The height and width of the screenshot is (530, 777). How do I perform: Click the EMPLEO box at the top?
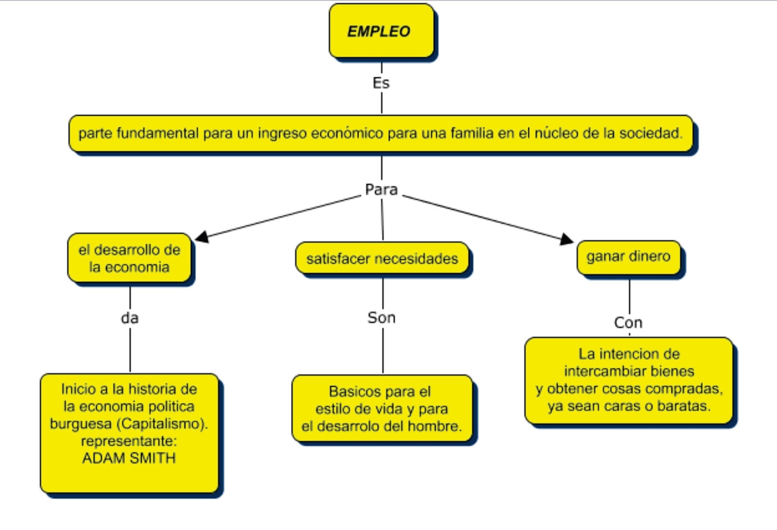pyautogui.click(x=381, y=31)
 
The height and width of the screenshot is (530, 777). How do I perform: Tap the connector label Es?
pyautogui.click(x=381, y=83)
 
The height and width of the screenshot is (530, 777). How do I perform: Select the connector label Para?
pyautogui.click(x=381, y=189)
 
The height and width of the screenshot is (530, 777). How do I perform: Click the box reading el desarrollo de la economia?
pyautogui.click(x=129, y=258)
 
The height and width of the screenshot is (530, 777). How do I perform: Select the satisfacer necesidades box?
pyautogui.click(x=382, y=258)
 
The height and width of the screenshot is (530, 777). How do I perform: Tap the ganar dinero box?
pyautogui.click(x=628, y=256)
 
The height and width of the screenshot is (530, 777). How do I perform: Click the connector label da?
pyautogui.click(x=130, y=318)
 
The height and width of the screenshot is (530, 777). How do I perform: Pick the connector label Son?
pyautogui.click(x=382, y=318)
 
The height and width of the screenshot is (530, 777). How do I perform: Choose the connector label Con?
pyautogui.click(x=628, y=323)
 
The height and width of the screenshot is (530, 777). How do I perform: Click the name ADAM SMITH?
pyautogui.click(x=129, y=458)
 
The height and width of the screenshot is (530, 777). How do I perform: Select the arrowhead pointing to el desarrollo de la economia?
pyautogui.click(x=202, y=237)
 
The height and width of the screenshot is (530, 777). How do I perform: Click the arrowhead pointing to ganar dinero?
pyautogui.click(x=566, y=239)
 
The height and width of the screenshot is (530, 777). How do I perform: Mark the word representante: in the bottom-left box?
pyautogui.click(x=129, y=441)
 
